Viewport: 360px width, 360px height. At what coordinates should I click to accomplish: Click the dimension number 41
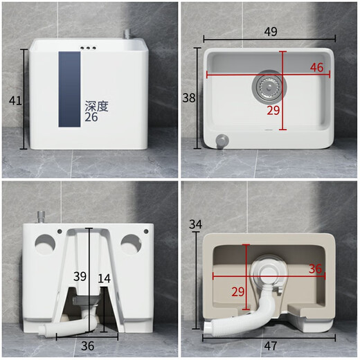click(x=15, y=100)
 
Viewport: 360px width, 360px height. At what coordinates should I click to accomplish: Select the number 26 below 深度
click(x=91, y=118)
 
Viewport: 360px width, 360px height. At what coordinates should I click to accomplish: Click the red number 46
click(x=316, y=67)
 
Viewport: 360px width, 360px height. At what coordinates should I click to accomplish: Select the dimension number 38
click(x=189, y=98)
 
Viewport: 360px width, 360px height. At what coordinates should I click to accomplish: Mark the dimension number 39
click(x=80, y=276)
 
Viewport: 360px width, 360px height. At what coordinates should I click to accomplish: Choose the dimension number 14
click(x=104, y=278)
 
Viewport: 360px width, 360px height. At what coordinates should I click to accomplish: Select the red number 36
click(x=316, y=269)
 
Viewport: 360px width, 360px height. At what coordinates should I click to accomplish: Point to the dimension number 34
click(x=195, y=224)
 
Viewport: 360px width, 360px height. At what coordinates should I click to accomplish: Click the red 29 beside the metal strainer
click(x=275, y=110)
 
